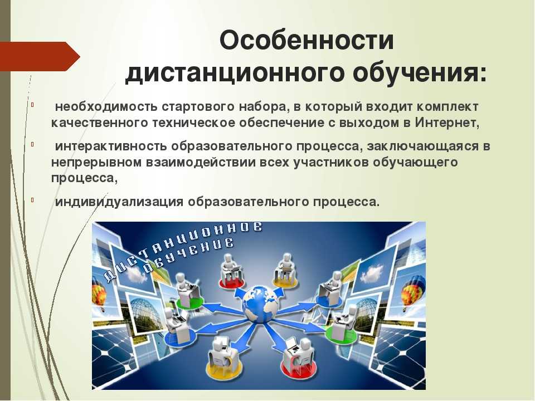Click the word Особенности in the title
pyautogui.click(x=307, y=41)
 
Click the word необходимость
pyautogui.click(x=106, y=107)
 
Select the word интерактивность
pyautogui.click(x=111, y=146)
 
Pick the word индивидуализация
pyautogui.click(x=119, y=202)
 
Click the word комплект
pyautogui.click(x=448, y=107)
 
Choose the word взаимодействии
pyautogui.click(x=201, y=162)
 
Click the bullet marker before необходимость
pyautogui.click(x=33, y=105)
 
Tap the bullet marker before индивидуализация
pyautogui.click(x=33, y=200)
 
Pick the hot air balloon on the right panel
pyautogui.click(x=413, y=290)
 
